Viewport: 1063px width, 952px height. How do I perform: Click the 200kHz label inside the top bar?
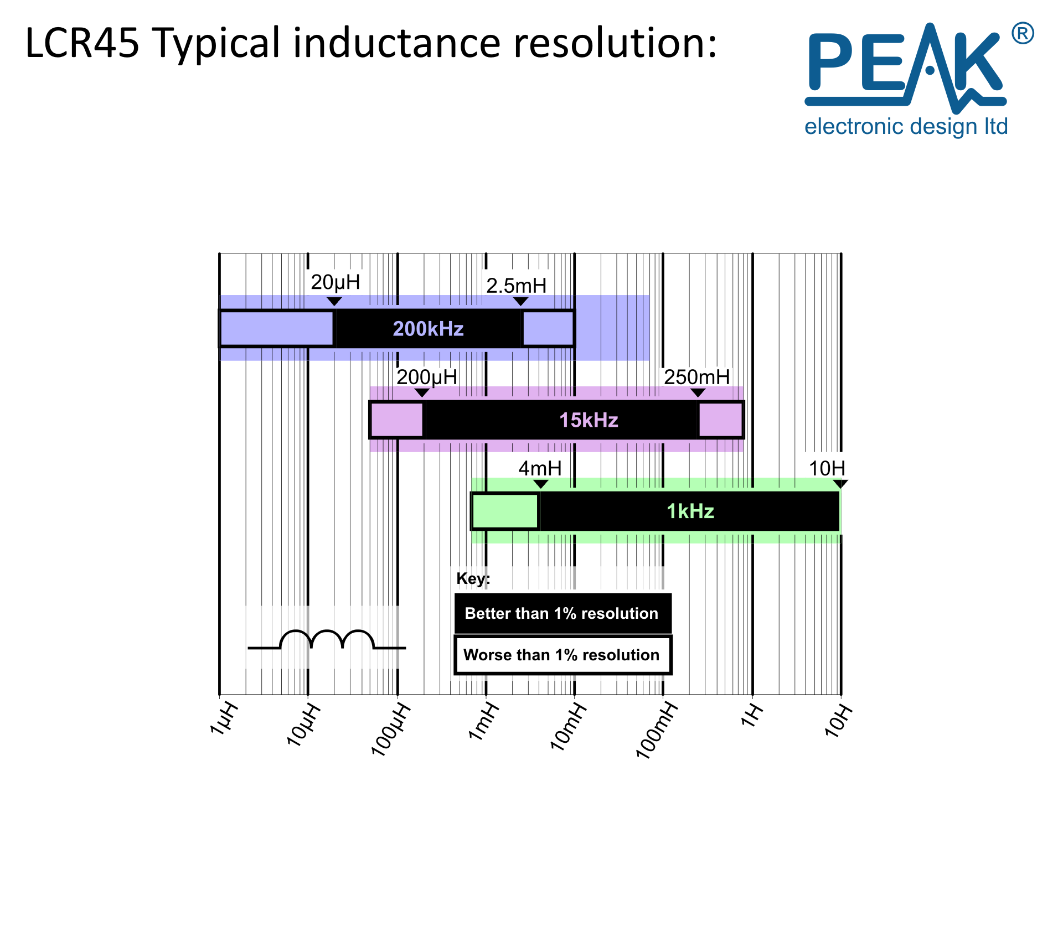pos(428,329)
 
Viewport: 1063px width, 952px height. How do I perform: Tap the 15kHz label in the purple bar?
pos(589,420)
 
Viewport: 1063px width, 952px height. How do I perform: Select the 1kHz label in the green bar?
pos(690,511)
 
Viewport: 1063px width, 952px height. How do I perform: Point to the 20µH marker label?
pos(336,282)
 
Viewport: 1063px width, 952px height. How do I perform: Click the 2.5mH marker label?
pos(517,286)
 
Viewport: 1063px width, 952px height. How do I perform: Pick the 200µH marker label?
pos(427,377)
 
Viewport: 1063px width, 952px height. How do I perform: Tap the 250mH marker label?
pos(697,377)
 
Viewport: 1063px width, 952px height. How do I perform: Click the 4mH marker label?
pos(540,468)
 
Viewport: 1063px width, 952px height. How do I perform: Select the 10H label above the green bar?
pos(827,468)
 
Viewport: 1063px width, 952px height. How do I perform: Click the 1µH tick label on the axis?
pos(224,718)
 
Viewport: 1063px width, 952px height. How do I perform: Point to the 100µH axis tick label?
pos(391,729)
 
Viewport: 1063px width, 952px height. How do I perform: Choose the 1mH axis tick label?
pos(484,721)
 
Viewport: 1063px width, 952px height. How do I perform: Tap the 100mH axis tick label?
pos(657,729)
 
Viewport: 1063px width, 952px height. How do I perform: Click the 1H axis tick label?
pos(752,715)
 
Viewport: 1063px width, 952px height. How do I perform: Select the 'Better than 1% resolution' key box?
pos(563,613)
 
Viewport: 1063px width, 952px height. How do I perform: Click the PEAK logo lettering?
pos(906,64)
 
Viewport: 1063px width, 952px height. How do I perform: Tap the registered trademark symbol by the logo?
pos(1023,33)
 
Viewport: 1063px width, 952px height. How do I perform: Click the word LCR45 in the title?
pos(82,43)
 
